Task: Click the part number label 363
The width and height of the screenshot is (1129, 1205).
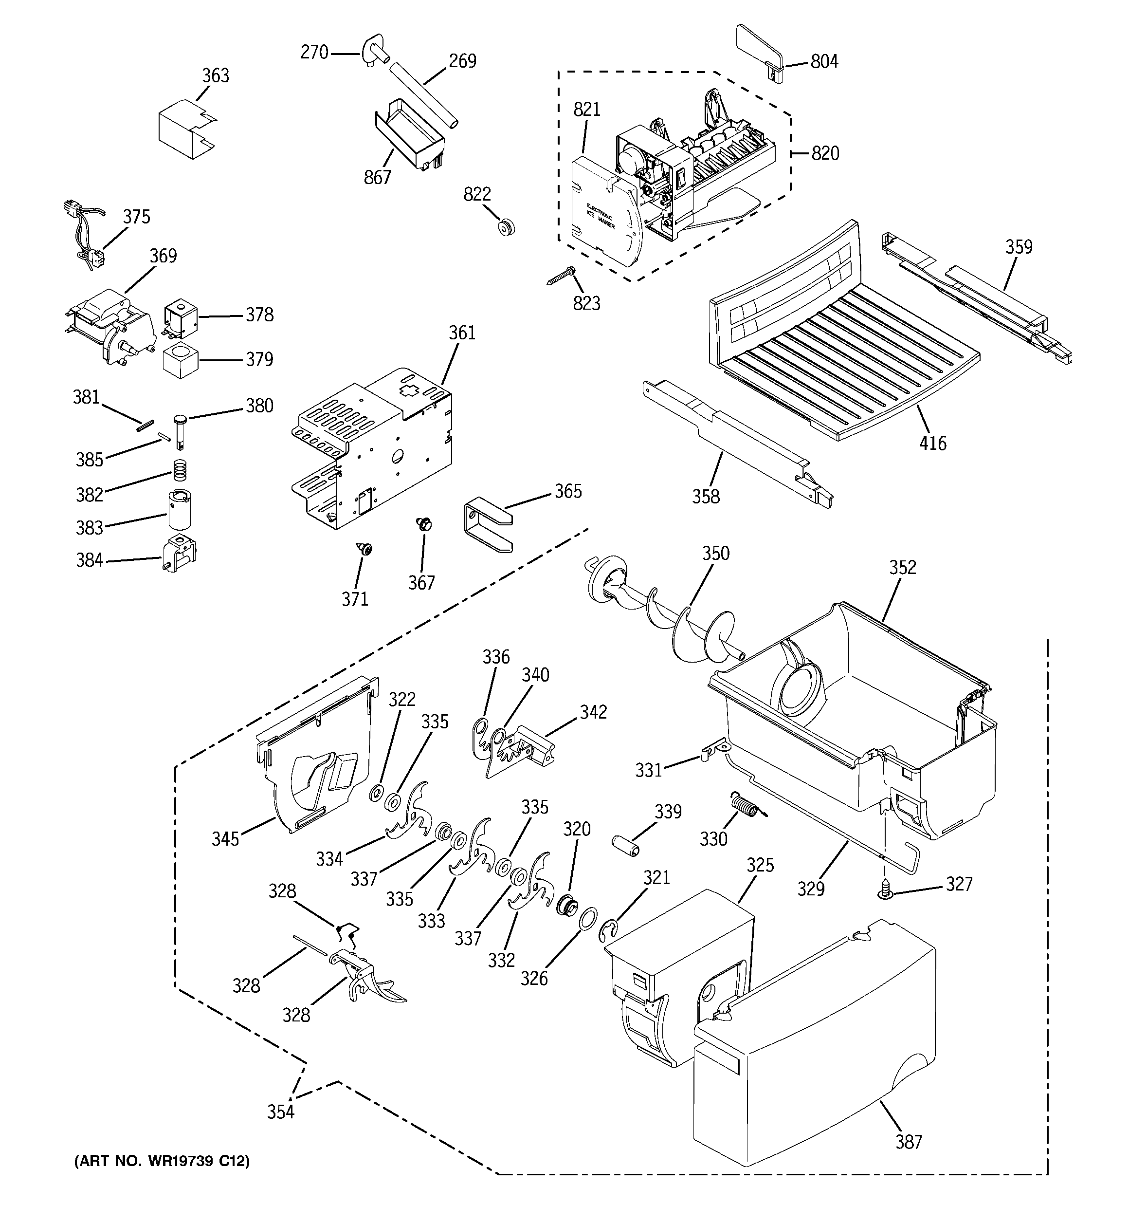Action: [x=215, y=76]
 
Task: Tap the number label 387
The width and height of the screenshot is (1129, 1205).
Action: [x=909, y=1141]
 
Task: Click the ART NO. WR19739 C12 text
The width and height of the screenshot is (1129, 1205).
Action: [x=162, y=1161]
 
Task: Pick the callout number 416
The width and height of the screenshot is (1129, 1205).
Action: [x=932, y=443]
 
